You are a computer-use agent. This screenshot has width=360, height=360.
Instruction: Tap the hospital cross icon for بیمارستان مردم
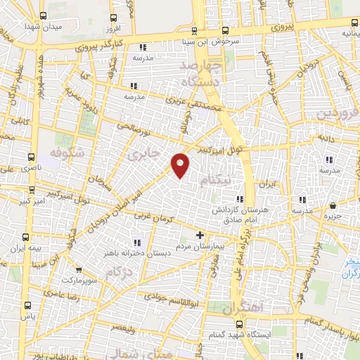pyautogui.click(x=200, y=235)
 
